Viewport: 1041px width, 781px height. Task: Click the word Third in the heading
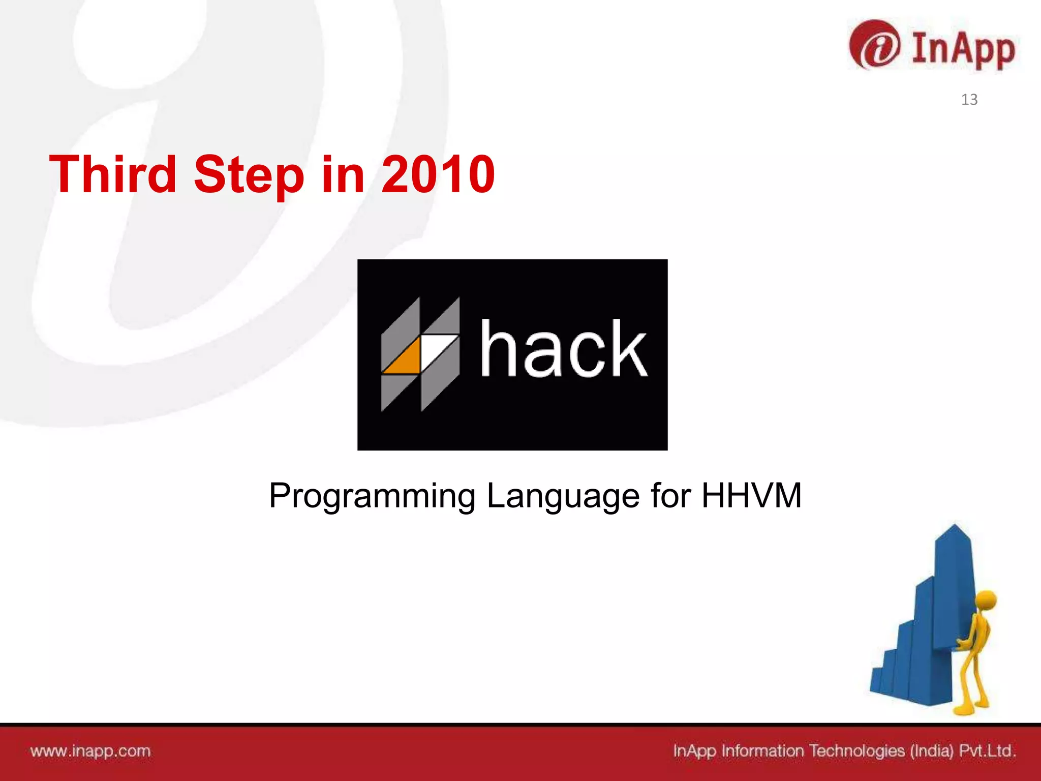(x=113, y=174)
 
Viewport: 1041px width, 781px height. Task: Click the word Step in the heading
(x=249, y=174)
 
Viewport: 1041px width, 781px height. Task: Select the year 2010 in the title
(x=438, y=174)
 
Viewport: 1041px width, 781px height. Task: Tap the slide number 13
(x=969, y=100)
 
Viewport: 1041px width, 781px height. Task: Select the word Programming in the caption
(x=372, y=496)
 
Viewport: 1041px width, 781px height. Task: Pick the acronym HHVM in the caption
(x=751, y=496)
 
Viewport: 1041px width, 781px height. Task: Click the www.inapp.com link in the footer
(x=90, y=751)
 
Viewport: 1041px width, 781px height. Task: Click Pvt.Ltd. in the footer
(x=987, y=751)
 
